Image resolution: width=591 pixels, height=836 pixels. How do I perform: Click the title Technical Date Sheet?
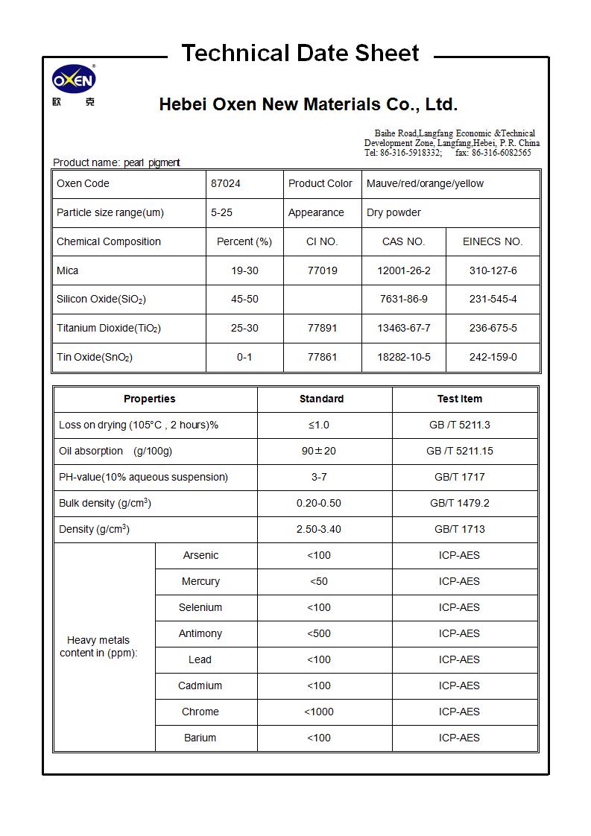pos(300,54)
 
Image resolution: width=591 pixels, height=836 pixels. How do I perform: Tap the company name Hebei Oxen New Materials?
pos(308,104)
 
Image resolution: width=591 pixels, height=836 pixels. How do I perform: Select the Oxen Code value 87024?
pos(226,183)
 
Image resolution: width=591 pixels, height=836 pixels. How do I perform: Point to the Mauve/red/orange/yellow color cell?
pos(425,183)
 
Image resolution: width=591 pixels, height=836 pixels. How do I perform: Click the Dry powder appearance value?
pos(394,212)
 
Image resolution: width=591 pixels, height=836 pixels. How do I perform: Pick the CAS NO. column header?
pos(403,241)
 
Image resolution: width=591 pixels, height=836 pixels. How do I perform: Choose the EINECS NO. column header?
pos(493,241)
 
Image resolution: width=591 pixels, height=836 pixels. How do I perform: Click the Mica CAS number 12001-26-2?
pos(403,270)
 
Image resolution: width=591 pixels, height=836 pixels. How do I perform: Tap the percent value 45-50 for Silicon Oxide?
pos(244,300)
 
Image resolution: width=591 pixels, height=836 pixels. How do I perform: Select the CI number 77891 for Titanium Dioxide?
pos(322,328)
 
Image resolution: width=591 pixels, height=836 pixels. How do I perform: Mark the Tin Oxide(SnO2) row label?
pos(95,357)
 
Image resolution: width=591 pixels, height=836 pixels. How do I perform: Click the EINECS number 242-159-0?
pos(493,357)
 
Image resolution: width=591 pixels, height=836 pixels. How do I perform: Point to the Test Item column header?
pos(459,399)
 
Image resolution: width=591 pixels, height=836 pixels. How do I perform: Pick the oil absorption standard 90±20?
pos(318,451)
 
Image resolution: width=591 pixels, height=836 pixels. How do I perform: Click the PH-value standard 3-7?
pos(318,477)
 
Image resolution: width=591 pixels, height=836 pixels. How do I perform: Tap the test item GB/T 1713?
pos(459,529)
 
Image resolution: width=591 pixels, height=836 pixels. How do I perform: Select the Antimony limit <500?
pos(318,633)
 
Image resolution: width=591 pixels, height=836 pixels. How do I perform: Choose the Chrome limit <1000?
pos(318,712)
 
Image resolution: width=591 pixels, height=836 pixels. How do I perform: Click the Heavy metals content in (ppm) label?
pos(98,646)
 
